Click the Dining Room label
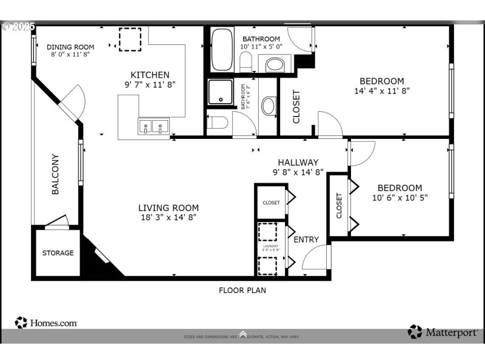point(71,47)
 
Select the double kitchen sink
point(153,127)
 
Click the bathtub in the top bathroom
point(222,49)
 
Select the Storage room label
point(58,253)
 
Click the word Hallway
point(298,162)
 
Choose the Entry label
point(306,240)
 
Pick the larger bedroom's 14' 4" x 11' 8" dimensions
point(381,91)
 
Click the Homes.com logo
point(47,323)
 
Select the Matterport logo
point(442,332)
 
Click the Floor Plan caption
point(242,290)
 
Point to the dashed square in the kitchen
point(129,39)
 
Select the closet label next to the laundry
point(271,203)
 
